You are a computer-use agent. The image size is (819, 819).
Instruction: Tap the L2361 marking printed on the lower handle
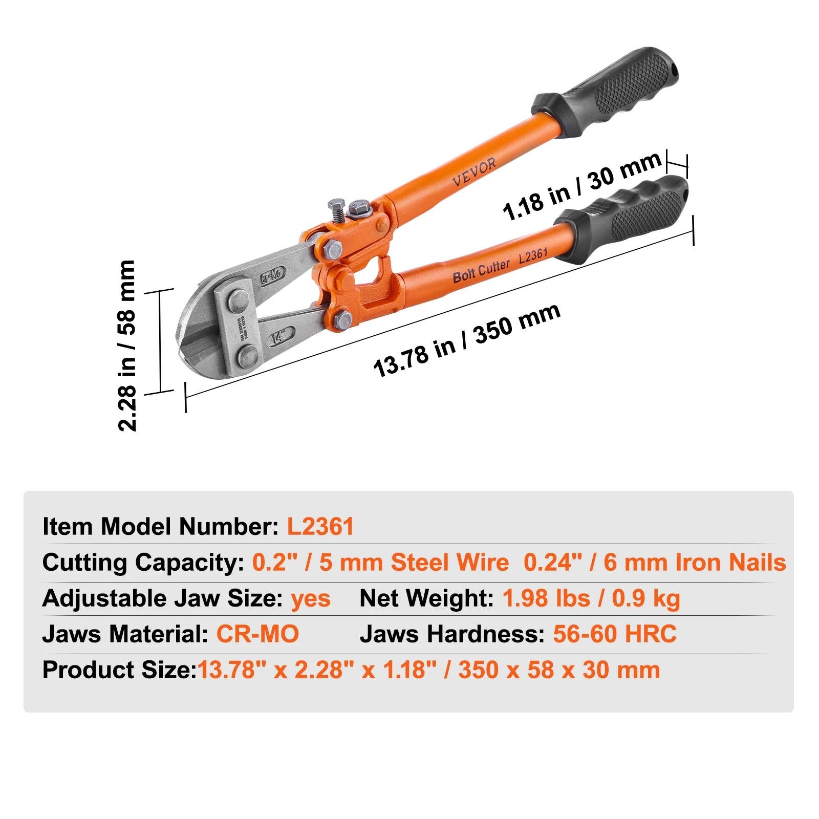pos(533,255)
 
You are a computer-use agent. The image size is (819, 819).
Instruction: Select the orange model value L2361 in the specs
pos(320,526)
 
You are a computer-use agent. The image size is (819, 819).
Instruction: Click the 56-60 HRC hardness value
pos(615,634)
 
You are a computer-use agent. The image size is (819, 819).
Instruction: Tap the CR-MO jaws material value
pos(257,634)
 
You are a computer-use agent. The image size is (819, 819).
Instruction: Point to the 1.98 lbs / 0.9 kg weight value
pos(591,598)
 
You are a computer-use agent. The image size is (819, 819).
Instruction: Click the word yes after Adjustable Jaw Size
pos(311,598)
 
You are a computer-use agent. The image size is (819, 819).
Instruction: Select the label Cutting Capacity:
pos(143,563)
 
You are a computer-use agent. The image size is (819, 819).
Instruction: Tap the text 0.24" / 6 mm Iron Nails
pos(655,562)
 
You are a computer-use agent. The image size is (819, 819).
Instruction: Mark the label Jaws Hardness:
pos(452,634)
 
